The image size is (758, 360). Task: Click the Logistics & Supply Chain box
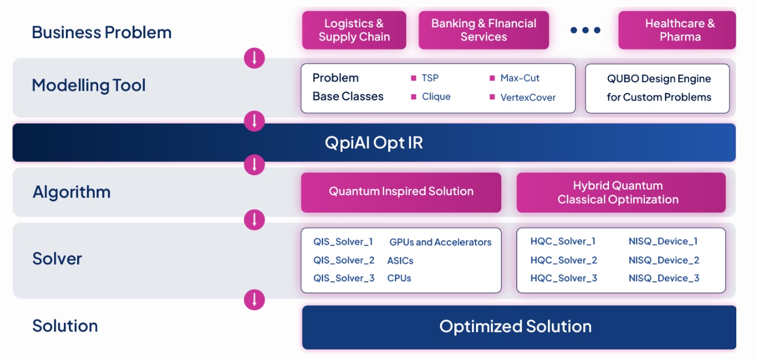(x=354, y=30)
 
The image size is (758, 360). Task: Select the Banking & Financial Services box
(x=483, y=30)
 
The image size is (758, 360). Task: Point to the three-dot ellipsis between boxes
(x=585, y=30)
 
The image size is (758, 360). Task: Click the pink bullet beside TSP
(x=414, y=78)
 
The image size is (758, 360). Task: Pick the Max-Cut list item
(x=519, y=78)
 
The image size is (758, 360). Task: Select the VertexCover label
(x=527, y=97)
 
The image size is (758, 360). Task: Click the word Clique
(x=436, y=96)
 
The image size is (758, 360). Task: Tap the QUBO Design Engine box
(x=658, y=88)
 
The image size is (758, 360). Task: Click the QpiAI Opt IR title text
(x=374, y=142)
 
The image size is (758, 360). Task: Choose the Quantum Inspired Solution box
(x=401, y=192)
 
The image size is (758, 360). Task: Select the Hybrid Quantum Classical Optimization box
(x=620, y=192)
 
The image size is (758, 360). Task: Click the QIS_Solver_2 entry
(x=344, y=260)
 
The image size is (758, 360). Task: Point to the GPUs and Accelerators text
(x=440, y=242)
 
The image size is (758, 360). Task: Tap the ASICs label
(x=400, y=261)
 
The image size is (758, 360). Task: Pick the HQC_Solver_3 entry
(x=563, y=278)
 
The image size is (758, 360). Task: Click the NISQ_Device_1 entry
(x=663, y=241)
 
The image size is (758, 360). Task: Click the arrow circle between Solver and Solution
(x=255, y=300)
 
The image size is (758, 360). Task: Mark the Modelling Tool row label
(x=89, y=86)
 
